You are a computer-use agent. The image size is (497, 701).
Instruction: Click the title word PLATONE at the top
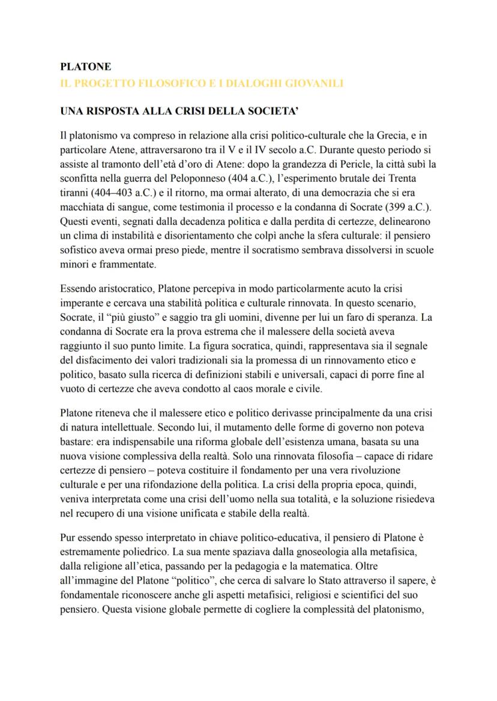pyautogui.click(x=86, y=67)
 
